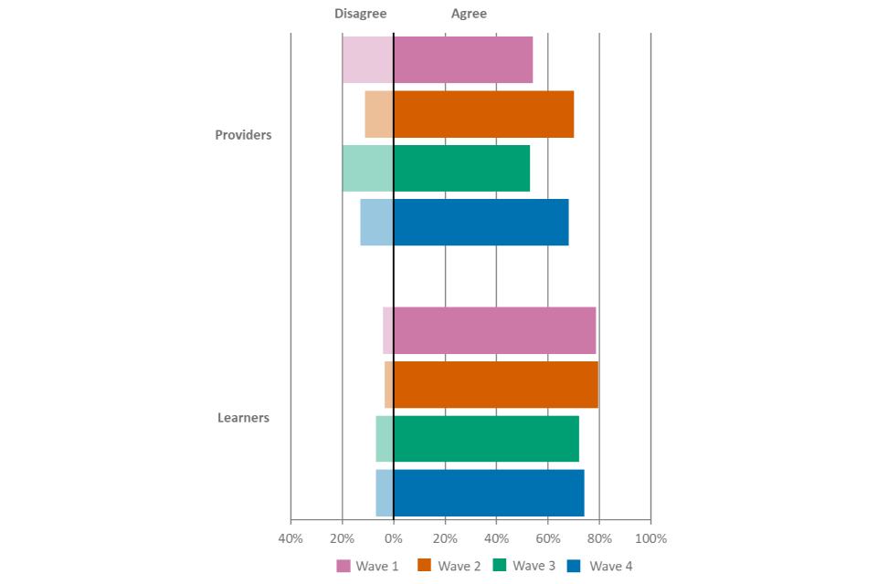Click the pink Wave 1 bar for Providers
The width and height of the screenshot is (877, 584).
438,60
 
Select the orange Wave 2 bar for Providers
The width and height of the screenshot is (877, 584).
469,114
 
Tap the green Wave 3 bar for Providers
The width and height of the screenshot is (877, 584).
436,168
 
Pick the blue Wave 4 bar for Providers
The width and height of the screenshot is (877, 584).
464,223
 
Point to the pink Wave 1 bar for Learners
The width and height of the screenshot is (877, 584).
490,330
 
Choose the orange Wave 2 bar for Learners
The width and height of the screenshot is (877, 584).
491,384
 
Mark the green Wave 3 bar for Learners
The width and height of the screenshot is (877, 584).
478,439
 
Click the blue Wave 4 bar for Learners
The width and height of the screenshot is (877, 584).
480,493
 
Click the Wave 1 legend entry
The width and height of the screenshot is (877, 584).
369,566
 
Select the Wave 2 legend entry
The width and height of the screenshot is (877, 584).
449,566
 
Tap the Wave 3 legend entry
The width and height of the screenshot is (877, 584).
524,566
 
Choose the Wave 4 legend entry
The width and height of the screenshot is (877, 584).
600,566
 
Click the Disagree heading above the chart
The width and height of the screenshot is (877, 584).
361,14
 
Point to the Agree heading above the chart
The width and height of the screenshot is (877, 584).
469,14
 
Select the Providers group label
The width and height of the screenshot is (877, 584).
243,135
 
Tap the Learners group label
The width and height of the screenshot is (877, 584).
243,418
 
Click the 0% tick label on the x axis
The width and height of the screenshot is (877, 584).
394,538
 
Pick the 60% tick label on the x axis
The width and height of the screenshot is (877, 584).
548,538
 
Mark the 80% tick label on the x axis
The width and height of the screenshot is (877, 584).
599,538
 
